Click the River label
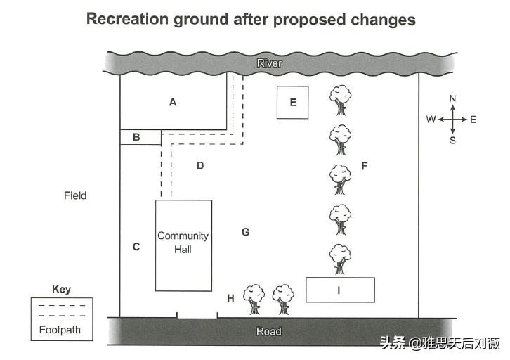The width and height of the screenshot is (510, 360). coord(269,63)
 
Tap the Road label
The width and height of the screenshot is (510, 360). coord(268,332)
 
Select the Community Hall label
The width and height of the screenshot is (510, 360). coord(183,243)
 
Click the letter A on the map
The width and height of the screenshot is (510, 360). coord(173,102)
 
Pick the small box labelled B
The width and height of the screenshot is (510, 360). coord(140,137)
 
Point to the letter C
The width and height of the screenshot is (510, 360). coord(136,247)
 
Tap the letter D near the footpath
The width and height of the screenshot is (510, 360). coord(200,166)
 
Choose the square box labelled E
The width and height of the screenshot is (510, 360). coord(292,102)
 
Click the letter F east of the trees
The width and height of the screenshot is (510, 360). coord(365,166)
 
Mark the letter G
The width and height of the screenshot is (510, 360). coord(245,232)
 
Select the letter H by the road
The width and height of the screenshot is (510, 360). coord(230,298)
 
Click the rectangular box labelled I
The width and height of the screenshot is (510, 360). coord(340,290)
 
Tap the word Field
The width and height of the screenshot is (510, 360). coord(75,195)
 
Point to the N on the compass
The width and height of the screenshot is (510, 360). coord(452,98)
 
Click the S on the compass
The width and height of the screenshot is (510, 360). coord(452,141)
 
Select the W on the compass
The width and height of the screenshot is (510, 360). coord(431,120)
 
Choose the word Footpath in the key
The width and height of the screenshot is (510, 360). coord(60,330)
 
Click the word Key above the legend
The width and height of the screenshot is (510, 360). coord(61,289)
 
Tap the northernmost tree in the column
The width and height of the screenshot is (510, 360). coord(340,100)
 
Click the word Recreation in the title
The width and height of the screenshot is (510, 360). coord(127,19)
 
